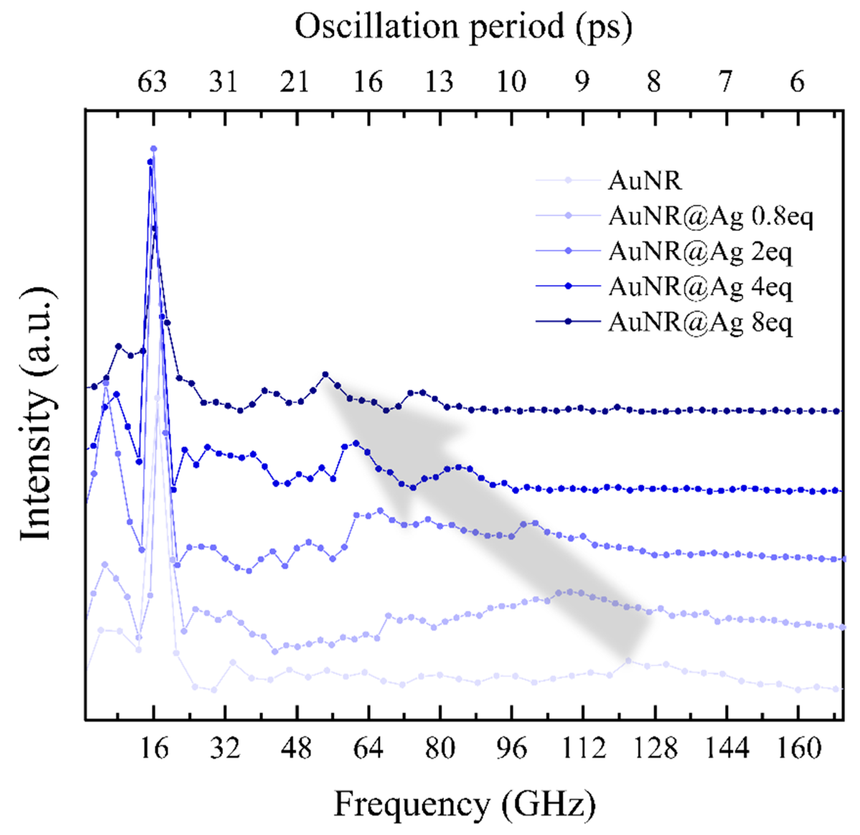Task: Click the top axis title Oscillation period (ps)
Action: (463, 27)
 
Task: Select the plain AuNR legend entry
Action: (645, 180)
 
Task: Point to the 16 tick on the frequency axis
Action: (154, 748)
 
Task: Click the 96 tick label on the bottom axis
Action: (511, 748)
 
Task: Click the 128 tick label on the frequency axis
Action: (655, 748)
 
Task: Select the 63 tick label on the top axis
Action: (152, 81)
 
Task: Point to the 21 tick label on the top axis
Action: (295, 81)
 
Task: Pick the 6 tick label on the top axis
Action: (797, 81)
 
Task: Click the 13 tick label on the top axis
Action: (439, 81)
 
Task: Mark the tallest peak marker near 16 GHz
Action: (154, 148)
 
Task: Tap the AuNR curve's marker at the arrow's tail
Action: (628, 660)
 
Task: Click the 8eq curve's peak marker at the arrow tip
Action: (325, 374)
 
